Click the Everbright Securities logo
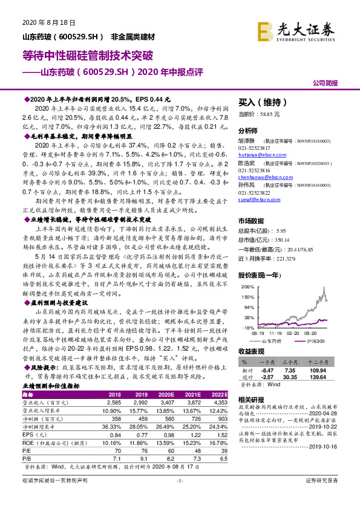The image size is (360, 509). click(x=295, y=28)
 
